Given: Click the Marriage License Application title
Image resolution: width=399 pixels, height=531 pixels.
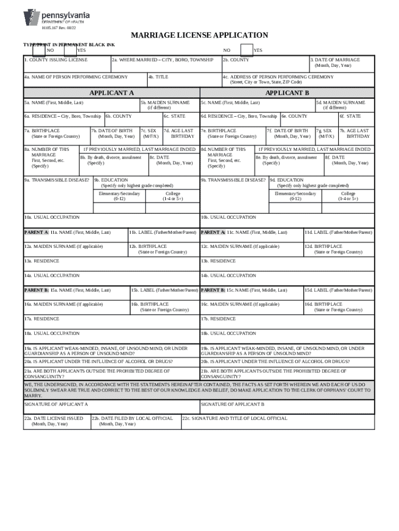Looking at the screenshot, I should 199,35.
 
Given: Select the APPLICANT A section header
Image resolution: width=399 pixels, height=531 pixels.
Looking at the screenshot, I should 111,93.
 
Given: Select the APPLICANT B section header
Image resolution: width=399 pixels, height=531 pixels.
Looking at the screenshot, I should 287,93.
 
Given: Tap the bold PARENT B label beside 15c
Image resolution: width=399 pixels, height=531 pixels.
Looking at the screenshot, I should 213,290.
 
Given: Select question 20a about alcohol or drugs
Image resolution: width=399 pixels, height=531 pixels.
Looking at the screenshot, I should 98,361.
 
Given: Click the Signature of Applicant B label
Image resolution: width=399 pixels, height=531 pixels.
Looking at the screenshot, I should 233,403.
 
